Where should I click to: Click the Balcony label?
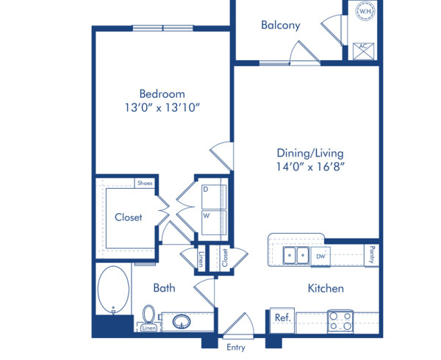tap(281, 25)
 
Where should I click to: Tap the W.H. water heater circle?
tap(365, 12)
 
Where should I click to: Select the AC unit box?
tap(363, 50)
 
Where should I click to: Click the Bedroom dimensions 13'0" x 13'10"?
tap(162, 108)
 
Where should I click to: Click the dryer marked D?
tap(214, 194)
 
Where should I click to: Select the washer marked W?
tap(214, 223)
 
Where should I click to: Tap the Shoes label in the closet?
tap(144, 183)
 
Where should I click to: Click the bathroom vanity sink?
tap(182, 321)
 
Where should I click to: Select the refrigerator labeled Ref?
tap(282, 318)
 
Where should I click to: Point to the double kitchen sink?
tap(295, 256)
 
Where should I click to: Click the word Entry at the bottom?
tap(236, 348)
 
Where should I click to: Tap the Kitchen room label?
tap(326, 288)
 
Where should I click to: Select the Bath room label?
tap(164, 288)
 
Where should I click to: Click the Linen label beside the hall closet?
tap(201, 259)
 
